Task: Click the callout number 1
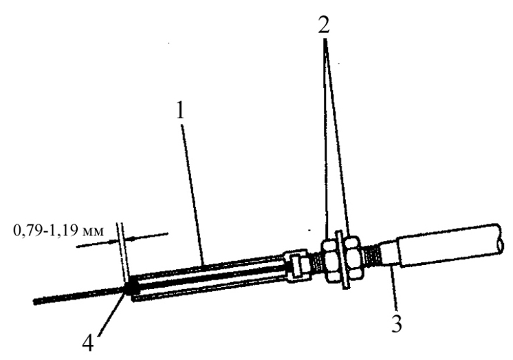click(x=180, y=110)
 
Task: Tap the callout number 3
click(x=397, y=324)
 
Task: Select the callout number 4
click(x=88, y=343)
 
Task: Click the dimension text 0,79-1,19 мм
click(x=58, y=231)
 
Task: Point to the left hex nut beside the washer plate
click(x=330, y=260)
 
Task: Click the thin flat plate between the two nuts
click(x=342, y=260)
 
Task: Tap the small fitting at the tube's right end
click(x=296, y=266)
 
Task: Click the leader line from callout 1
click(x=193, y=193)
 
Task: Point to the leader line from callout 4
click(x=111, y=313)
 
